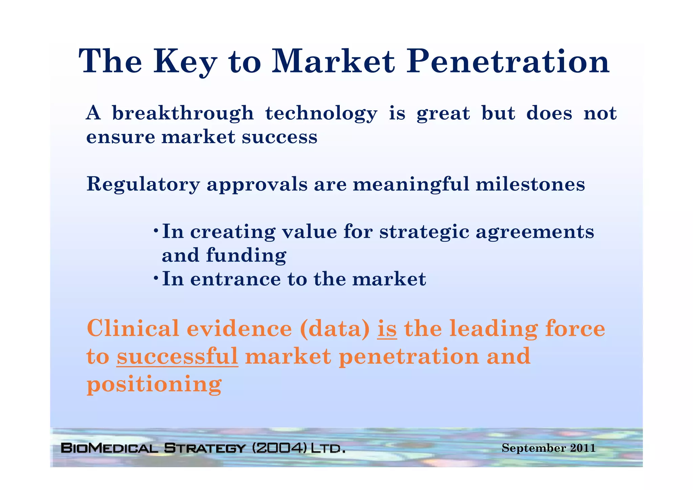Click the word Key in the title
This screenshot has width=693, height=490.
(x=185, y=62)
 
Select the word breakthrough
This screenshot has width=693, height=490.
(x=183, y=113)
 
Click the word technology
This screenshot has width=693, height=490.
(x=321, y=114)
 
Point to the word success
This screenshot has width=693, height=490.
(x=280, y=137)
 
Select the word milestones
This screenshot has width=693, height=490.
(x=530, y=184)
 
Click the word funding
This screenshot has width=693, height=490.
(x=246, y=255)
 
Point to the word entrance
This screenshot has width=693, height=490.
(x=235, y=280)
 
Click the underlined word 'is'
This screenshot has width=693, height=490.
(x=387, y=329)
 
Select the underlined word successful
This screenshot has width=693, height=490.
(x=177, y=357)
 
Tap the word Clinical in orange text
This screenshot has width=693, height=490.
(x=133, y=329)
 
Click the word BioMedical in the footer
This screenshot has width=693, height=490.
(x=109, y=448)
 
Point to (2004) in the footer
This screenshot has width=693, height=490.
(x=280, y=448)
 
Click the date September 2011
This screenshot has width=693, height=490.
(x=548, y=448)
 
